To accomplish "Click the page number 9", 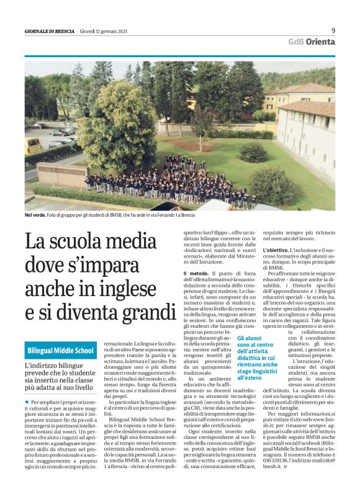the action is click(333, 30).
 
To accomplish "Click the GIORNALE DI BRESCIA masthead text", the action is click(49, 32).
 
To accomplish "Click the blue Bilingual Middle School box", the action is click(60, 351).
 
